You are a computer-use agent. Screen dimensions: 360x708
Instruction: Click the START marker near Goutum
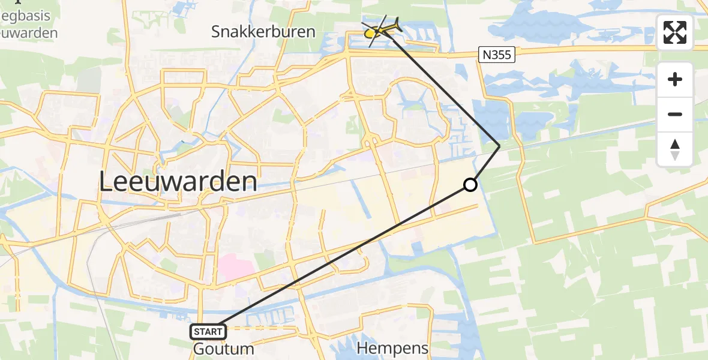(x=208, y=331)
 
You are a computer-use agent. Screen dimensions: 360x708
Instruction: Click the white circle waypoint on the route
(x=470, y=185)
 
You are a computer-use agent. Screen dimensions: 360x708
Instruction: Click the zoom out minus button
(x=675, y=114)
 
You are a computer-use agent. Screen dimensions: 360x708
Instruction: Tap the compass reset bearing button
(x=675, y=149)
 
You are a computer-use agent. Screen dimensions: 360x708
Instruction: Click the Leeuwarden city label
(x=178, y=181)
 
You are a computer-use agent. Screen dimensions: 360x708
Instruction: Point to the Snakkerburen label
(x=263, y=32)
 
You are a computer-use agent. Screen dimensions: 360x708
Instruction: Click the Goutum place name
(x=224, y=349)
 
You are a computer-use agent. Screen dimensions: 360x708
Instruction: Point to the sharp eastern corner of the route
(x=499, y=145)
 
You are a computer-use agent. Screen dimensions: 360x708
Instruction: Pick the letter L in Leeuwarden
(x=108, y=181)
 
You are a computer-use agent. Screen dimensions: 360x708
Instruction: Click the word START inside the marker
(x=208, y=331)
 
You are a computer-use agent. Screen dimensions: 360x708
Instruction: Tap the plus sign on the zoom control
(x=675, y=79)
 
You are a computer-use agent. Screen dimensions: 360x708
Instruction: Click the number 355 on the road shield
(x=501, y=55)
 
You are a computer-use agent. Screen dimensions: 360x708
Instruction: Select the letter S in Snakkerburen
(x=216, y=32)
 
